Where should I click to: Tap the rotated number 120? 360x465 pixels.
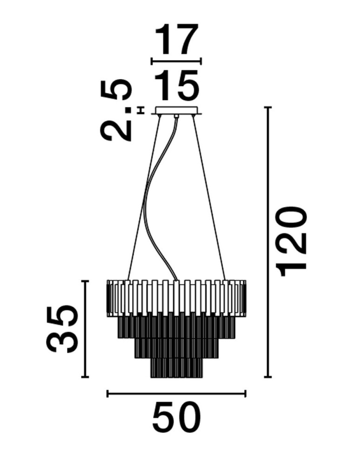click(x=291, y=242)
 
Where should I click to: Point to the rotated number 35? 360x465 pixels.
click(x=62, y=329)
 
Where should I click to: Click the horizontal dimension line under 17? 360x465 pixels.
click(x=176, y=61)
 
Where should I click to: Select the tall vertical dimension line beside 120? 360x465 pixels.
click(x=268, y=242)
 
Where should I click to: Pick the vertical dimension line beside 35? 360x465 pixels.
click(x=85, y=329)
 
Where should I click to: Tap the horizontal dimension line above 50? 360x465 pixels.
click(x=176, y=393)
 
